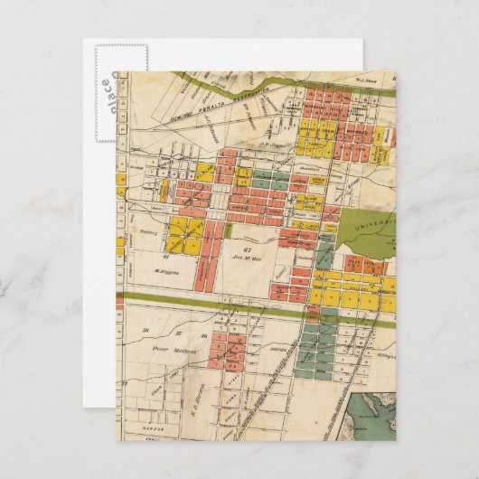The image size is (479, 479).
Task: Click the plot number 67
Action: coord(247,247)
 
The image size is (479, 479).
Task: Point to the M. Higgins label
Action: coord(168,270)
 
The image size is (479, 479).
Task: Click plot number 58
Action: coord(145,332)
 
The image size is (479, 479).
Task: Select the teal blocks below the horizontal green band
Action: coord(317,348)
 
